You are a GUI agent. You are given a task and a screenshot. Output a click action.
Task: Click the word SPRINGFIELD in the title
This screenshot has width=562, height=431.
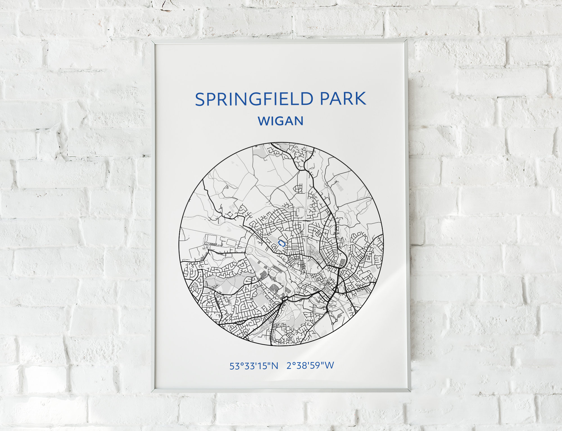click(x=254, y=99)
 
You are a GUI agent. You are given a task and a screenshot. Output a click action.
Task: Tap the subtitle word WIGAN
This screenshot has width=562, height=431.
click(x=281, y=121)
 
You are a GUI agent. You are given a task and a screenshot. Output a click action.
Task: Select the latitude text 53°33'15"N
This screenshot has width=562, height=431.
click(x=254, y=366)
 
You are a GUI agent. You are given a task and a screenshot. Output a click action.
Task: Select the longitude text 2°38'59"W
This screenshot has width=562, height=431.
click(x=310, y=366)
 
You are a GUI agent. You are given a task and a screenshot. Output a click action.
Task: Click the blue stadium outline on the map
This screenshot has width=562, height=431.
click(x=282, y=243)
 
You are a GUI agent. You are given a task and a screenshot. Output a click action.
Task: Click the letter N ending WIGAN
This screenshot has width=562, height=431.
click(x=299, y=121)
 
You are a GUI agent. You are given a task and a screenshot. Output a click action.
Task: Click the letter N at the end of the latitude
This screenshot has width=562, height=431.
click(x=275, y=366)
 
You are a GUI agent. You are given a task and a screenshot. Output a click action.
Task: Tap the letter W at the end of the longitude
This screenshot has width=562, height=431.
click(x=330, y=365)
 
